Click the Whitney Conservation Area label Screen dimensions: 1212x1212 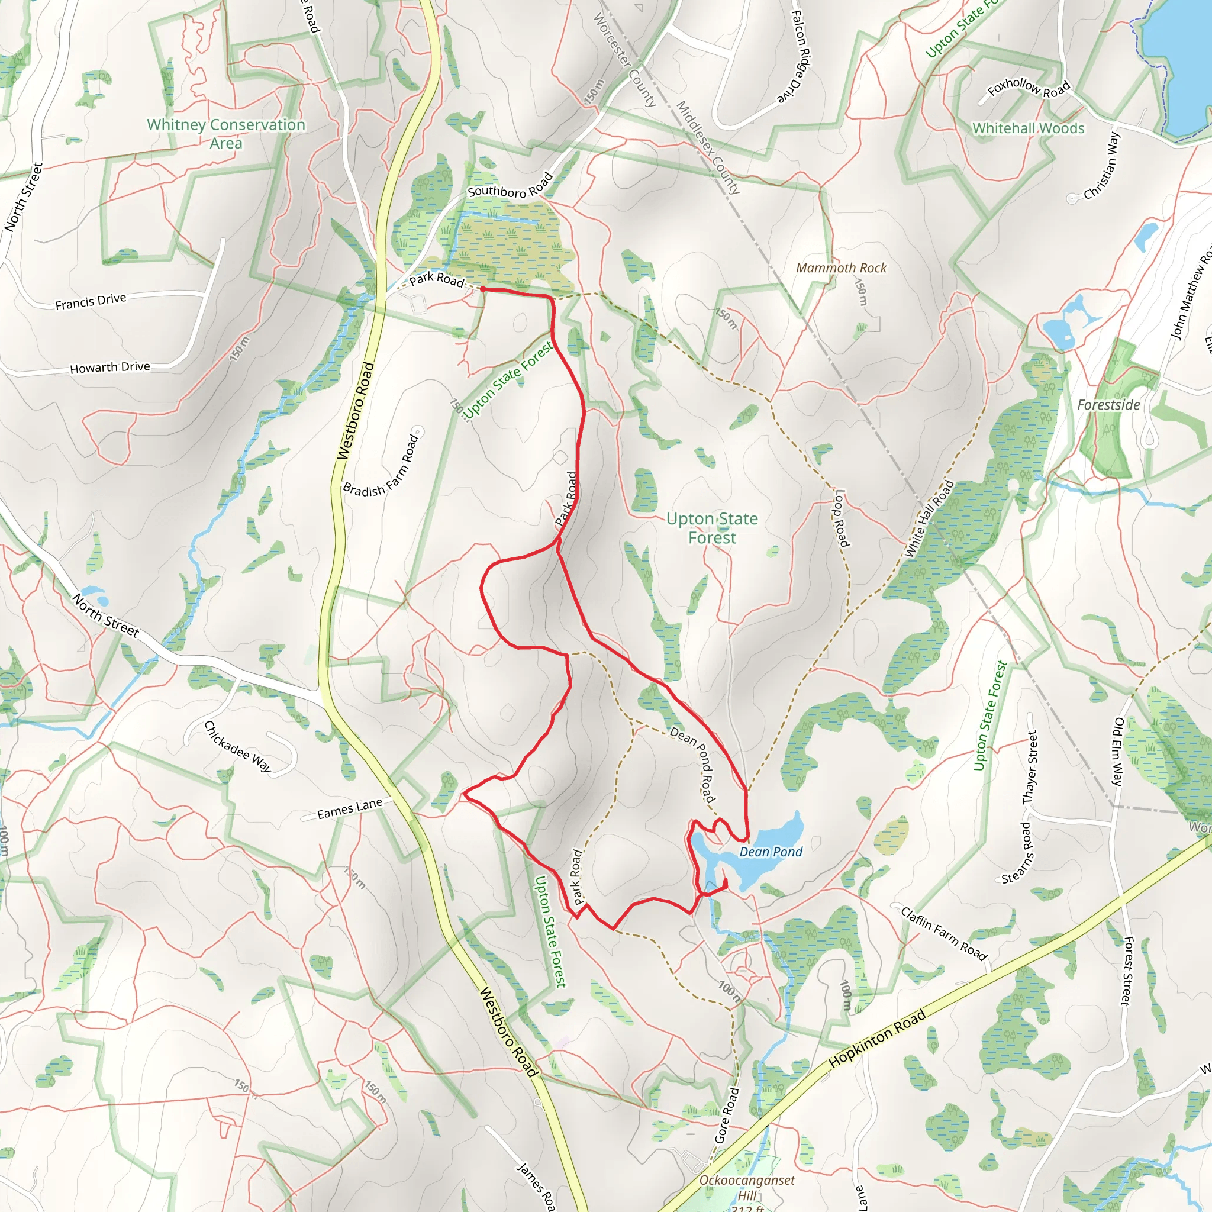click(226, 134)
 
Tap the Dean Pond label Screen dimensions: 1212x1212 click(771, 852)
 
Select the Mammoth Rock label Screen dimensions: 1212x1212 click(842, 268)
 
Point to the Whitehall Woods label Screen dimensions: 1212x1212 click(1028, 128)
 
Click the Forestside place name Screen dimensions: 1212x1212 click(1108, 405)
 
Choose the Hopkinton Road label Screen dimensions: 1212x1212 click(877, 1038)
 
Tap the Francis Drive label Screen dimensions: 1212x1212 click(91, 302)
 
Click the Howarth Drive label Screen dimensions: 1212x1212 click(110, 368)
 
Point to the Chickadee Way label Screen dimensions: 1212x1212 click(238, 746)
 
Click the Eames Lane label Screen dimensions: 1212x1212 click(349, 809)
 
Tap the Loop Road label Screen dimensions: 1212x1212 click(842, 518)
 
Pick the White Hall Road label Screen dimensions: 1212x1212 click(929, 519)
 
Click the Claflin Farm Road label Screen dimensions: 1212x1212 click(944, 933)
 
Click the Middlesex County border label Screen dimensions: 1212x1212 click(708, 147)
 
